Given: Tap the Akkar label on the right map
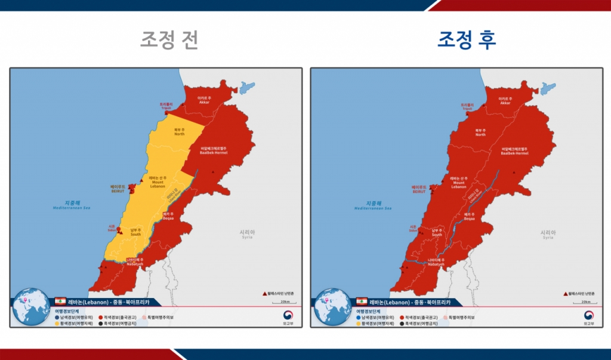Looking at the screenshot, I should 505,101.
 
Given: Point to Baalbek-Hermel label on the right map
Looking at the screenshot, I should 514,150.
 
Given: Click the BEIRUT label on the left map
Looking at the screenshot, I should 118,190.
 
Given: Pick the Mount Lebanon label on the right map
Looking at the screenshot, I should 458,183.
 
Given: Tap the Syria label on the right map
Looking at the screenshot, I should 548,234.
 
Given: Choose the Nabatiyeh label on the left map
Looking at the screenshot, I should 135,261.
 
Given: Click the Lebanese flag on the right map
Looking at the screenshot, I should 362,301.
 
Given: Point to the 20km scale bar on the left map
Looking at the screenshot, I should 285,285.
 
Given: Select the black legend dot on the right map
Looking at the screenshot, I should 402,323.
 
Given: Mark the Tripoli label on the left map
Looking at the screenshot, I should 166,106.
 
